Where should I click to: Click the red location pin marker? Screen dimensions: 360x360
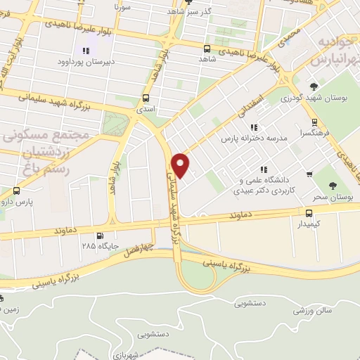point(181,164)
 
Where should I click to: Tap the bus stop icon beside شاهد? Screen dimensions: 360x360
point(207,49)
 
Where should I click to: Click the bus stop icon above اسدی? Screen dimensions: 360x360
point(146,98)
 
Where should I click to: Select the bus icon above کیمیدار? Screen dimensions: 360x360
point(309,212)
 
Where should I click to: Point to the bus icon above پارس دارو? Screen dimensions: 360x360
point(17,191)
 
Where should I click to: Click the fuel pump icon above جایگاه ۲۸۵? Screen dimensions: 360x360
point(100,236)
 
